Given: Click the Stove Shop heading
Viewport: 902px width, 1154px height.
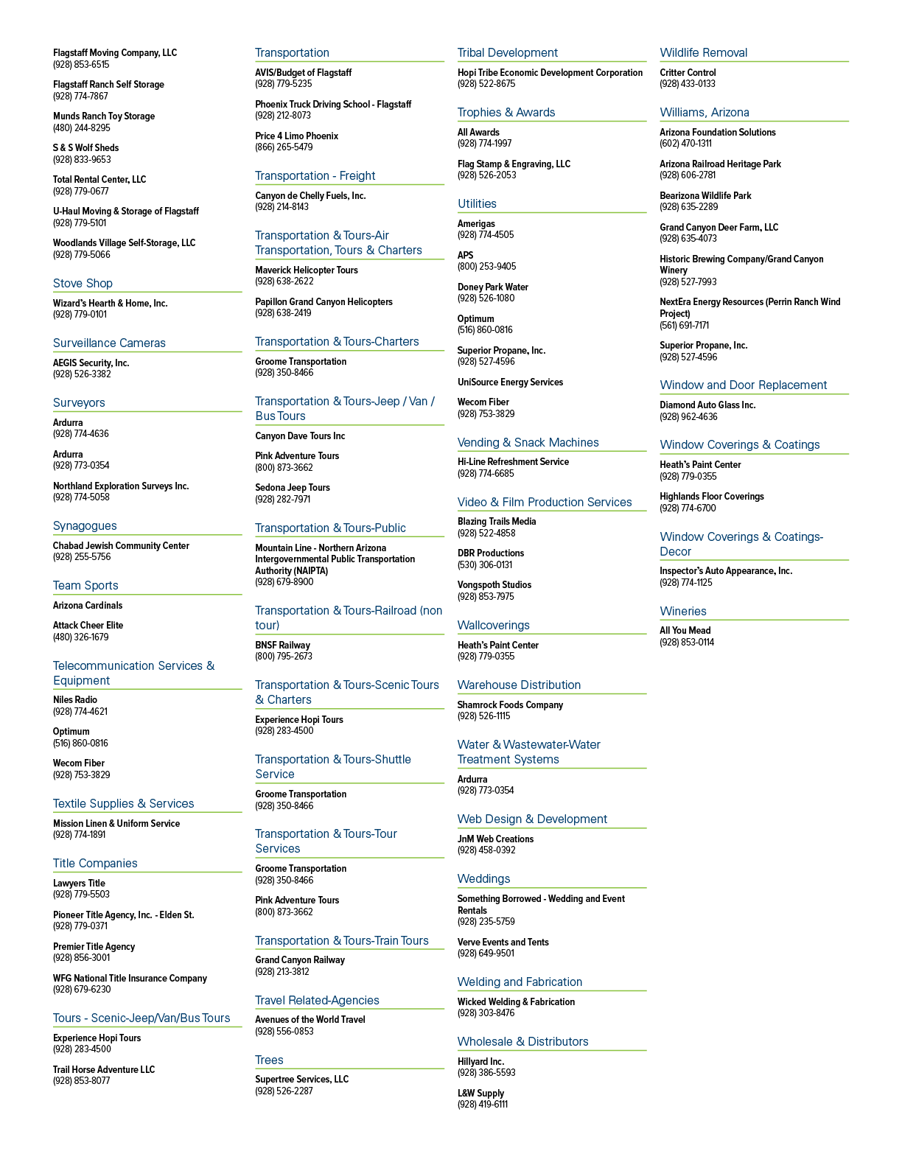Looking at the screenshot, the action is [x=83, y=283].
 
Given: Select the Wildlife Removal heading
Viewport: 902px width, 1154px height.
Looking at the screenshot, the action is [x=703, y=52].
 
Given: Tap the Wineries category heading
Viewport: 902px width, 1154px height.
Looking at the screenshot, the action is [x=682, y=611].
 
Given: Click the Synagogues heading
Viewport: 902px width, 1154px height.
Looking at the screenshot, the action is [x=85, y=525].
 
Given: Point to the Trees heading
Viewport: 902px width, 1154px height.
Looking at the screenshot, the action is [x=269, y=1060].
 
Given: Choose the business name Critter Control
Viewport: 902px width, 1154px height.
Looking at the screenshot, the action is [x=688, y=72].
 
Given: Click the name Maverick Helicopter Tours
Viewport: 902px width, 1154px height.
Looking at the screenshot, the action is [x=307, y=270].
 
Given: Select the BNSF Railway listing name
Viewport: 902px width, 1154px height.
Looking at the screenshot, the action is [x=282, y=645].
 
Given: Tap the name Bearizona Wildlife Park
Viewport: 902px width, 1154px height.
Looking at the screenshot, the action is [x=705, y=195].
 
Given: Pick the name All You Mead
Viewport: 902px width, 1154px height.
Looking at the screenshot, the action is [x=685, y=630].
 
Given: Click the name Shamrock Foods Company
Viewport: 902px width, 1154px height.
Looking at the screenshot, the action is [x=510, y=704].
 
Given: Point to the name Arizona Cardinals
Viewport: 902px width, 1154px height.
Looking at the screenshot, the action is [x=88, y=606].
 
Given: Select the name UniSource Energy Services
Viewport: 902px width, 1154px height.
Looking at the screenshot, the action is [x=510, y=382].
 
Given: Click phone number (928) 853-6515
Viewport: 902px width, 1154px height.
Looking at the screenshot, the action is [x=81, y=64].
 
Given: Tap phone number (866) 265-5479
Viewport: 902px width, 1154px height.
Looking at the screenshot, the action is [x=284, y=147].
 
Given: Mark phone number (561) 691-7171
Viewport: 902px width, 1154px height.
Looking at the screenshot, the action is [x=684, y=325].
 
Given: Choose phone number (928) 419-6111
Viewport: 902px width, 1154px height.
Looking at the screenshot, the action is [x=482, y=1104].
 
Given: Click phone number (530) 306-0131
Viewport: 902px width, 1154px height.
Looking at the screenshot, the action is [x=485, y=564].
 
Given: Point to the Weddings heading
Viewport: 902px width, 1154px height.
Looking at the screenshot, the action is [x=483, y=878].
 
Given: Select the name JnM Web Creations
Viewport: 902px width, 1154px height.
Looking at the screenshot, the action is [x=495, y=839].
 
